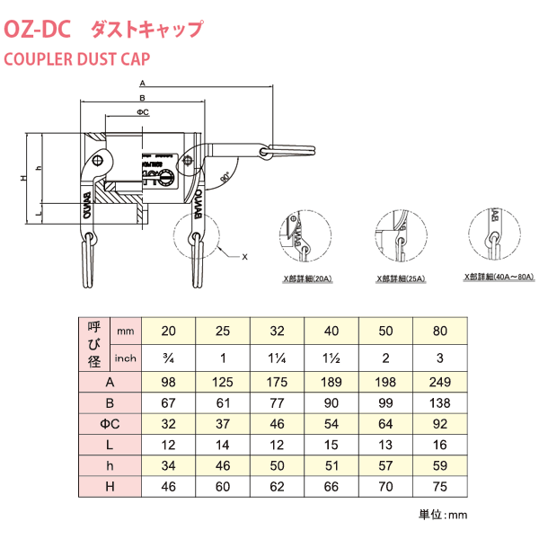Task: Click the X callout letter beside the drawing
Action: coord(244,257)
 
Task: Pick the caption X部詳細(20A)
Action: coord(308,279)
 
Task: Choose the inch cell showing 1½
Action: coord(331,358)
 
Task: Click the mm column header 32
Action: coord(277,331)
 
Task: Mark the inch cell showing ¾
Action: coord(168,358)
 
